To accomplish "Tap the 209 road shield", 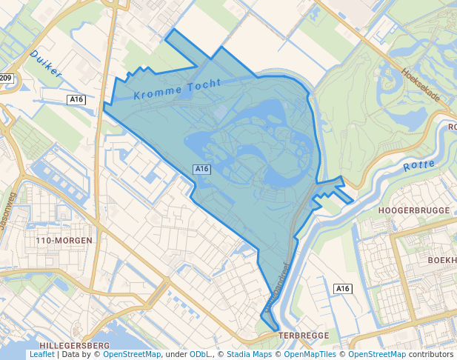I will (x=6, y=78).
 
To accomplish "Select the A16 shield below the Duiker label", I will (x=76, y=99).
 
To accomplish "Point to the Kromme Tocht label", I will (x=178, y=89).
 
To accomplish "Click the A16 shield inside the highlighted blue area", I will (x=202, y=169).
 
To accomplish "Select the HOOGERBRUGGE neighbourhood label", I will (x=414, y=211).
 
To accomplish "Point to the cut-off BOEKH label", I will (x=441, y=261).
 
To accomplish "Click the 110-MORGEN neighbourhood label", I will (x=64, y=241).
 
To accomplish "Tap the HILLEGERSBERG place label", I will (x=74, y=346).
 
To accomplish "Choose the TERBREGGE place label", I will (x=302, y=336).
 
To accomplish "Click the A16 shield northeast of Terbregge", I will (x=341, y=288).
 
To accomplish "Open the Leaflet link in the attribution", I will (x=41, y=355).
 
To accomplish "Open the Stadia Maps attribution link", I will (x=249, y=355).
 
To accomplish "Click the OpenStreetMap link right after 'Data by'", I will (x=132, y=355).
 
